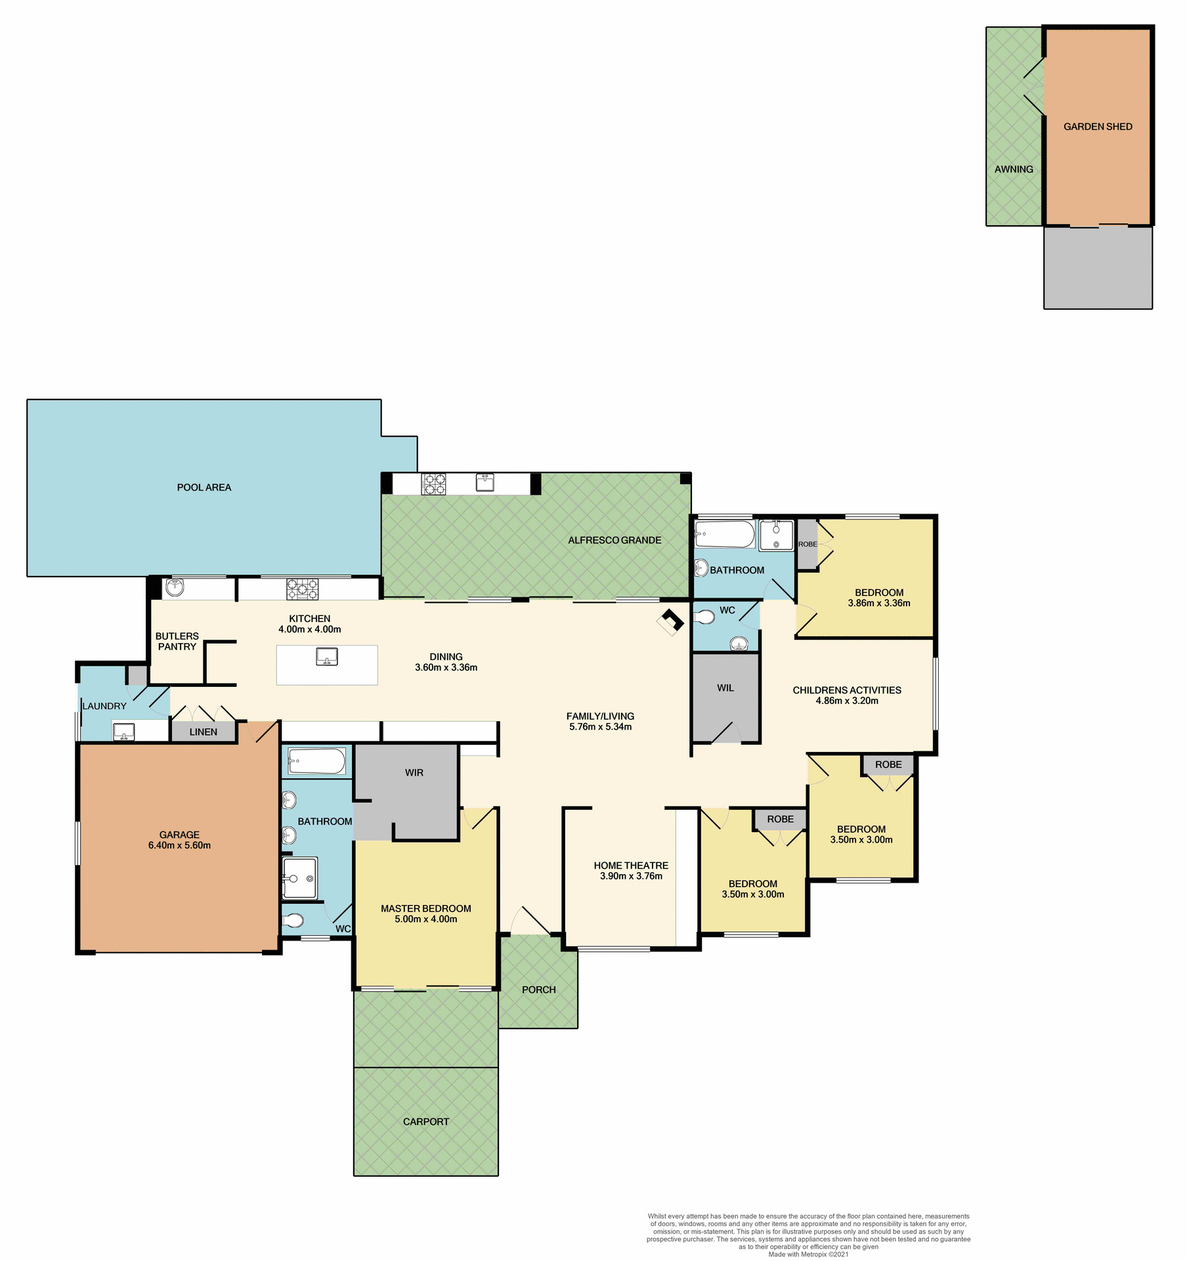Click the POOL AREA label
(204, 487)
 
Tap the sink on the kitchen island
(326, 656)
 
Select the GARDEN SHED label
(1097, 127)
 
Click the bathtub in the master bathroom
(316, 762)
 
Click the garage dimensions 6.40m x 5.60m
(179, 845)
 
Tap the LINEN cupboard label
(203, 732)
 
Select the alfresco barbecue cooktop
(433, 484)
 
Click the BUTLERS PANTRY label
(177, 641)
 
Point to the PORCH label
(538, 990)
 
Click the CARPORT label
(425, 1122)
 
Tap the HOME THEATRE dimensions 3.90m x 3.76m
(631, 876)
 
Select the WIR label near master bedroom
(414, 772)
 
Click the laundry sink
(123, 731)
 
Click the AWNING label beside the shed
(1013, 169)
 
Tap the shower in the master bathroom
(300, 878)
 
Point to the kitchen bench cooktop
(302, 589)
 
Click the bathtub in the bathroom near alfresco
(725, 535)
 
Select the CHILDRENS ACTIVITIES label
(846, 690)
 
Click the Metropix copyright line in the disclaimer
(808, 1254)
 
